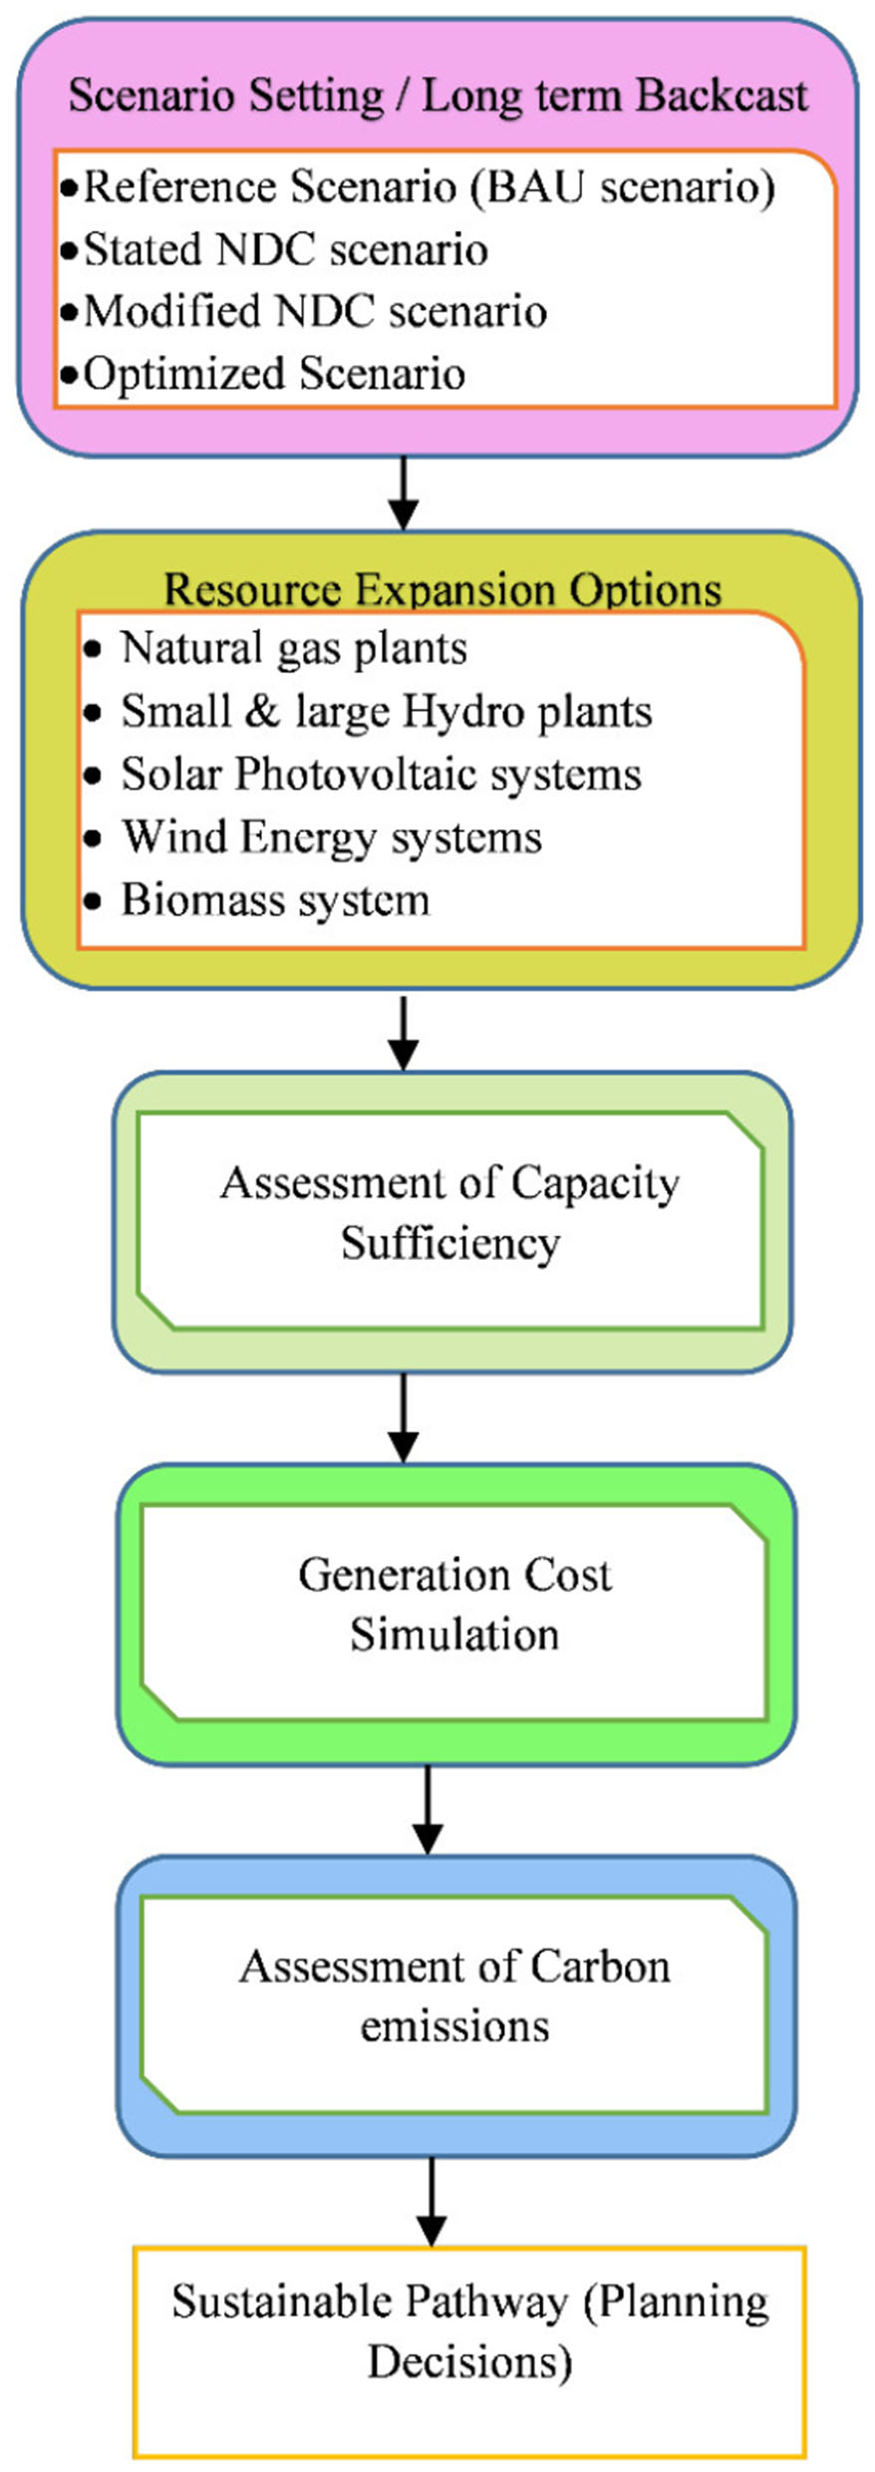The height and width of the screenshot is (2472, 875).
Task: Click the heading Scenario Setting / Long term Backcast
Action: click(x=437, y=97)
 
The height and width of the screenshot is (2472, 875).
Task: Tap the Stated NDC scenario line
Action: click(x=285, y=249)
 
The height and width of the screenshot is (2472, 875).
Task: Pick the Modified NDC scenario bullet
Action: click(x=315, y=312)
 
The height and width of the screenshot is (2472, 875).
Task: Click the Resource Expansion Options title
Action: click(x=441, y=589)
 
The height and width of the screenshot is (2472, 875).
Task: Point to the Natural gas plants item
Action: click(x=293, y=649)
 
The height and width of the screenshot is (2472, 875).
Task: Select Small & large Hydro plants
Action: click(x=386, y=712)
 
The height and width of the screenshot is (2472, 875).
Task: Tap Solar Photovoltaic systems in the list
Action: click(x=381, y=774)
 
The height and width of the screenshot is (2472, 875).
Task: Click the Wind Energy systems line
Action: click(x=331, y=837)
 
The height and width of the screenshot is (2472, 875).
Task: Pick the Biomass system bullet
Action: click(x=275, y=900)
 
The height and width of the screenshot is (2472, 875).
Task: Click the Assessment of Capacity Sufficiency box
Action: click(x=450, y=1213)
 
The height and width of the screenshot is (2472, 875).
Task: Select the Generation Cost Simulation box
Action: click(x=454, y=1605)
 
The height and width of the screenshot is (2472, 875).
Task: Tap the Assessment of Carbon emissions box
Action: click(x=454, y=1997)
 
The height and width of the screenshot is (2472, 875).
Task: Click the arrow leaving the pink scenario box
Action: click(x=403, y=493)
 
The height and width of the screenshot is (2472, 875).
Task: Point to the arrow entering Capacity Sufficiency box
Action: click(x=403, y=1034)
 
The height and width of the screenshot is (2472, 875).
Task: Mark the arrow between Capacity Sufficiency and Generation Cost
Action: click(x=403, y=1417)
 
